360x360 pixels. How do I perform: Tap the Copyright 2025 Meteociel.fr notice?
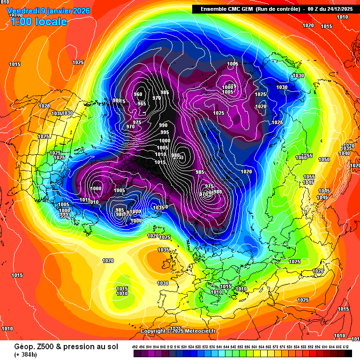(x=178, y=331)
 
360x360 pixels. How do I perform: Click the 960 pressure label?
(x=138, y=94)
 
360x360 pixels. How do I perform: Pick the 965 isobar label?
(x=142, y=104)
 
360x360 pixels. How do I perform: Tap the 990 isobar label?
(x=163, y=125)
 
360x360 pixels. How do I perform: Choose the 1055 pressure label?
(x=309, y=177)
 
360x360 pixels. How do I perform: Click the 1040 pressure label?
(x=344, y=153)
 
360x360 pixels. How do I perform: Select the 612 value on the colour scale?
(x=345, y=346)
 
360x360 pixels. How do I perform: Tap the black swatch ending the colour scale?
(x=347, y=352)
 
